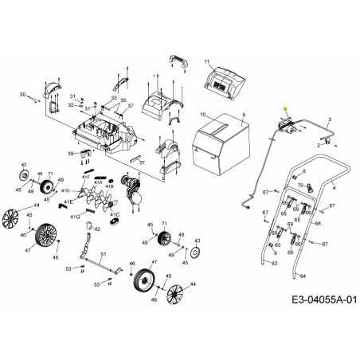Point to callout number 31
72,96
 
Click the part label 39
70,153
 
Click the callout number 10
202,115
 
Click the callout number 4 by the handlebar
335,186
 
